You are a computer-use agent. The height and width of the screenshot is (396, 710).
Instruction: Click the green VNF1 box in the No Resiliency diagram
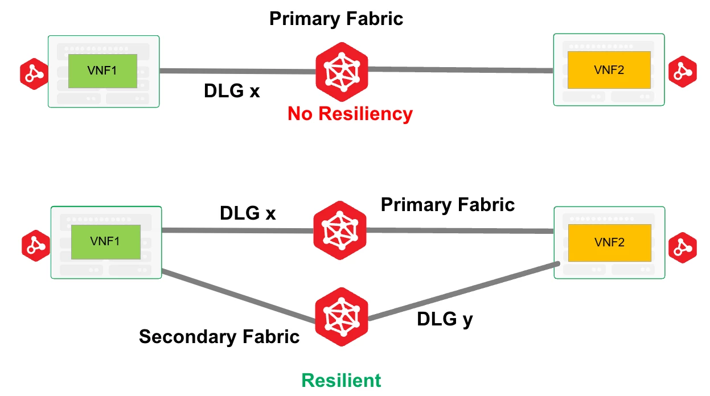(103, 71)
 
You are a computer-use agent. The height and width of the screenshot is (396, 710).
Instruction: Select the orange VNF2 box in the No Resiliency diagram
(609, 70)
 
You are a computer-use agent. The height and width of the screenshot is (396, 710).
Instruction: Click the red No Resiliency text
(350, 114)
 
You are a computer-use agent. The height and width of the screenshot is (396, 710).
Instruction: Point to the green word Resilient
(341, 380)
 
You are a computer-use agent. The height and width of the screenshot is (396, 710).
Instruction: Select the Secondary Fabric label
(219, 337)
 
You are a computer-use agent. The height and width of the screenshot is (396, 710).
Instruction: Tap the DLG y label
(445, 319)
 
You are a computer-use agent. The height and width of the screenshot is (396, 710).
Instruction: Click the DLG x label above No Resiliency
(232, 91)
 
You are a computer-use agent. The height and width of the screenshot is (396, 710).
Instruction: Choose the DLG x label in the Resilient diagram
(248, 213)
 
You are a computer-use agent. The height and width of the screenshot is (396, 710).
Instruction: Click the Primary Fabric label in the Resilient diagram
(448, 204)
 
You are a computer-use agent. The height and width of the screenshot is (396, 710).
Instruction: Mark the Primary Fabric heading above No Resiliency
(336, 18)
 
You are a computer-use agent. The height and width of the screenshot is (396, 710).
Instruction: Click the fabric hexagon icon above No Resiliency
(342, 68)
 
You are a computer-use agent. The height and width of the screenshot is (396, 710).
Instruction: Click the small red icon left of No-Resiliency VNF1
(34, 73)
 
